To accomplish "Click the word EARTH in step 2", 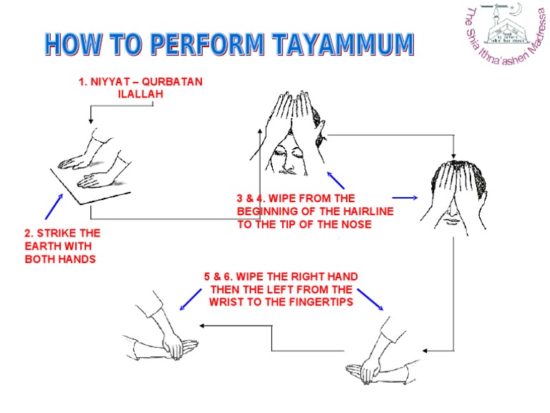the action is point(44,247).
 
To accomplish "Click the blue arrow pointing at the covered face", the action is point(405,197).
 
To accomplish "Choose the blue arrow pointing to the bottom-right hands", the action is point(370,298).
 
